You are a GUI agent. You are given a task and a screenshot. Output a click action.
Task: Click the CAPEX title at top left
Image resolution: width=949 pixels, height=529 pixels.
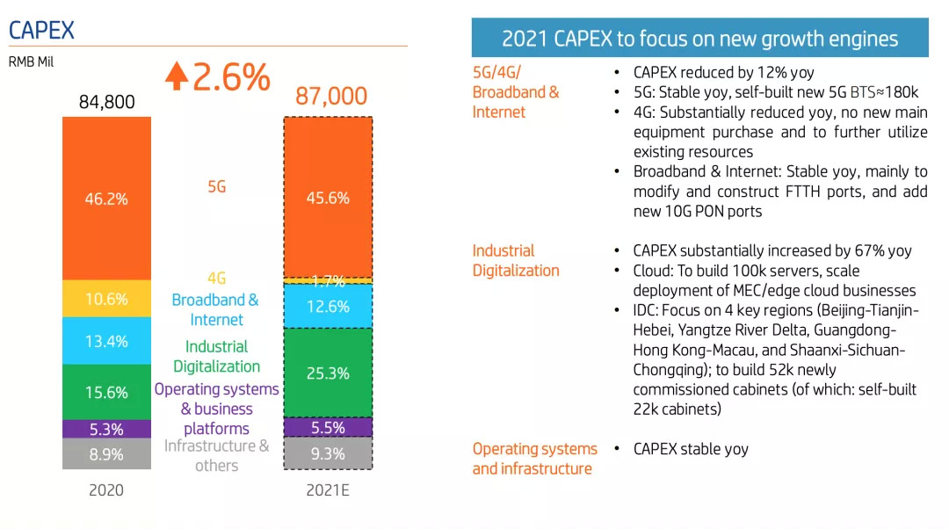[x=41, y=30]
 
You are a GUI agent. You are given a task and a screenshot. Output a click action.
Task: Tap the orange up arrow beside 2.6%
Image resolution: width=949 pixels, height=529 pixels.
[x=176, y=76]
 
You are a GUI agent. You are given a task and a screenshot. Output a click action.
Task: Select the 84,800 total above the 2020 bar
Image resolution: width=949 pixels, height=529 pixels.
[x=106, y=102]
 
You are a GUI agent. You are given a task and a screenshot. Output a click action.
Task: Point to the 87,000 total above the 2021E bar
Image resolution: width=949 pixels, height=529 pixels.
[x=330, y=96]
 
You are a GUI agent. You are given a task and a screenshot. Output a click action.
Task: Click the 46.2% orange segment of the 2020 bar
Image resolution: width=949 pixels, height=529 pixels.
[x=106, y=199]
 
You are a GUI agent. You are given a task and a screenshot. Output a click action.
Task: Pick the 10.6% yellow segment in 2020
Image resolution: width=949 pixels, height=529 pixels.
[x=106, y=299]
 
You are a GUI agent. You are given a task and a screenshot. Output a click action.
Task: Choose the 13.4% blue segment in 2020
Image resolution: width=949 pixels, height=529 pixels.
[x=106, y=341]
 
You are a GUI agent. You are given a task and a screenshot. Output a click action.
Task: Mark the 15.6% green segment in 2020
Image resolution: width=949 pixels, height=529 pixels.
[x=106, y=392]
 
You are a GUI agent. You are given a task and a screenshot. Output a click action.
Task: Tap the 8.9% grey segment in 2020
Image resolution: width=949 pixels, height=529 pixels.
[x=106, y=454]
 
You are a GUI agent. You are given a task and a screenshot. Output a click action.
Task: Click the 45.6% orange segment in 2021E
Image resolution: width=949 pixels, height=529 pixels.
[x=328, y=198]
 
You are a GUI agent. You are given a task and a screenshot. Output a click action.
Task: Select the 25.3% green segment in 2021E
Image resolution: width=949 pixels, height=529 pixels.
[x=328, y=373]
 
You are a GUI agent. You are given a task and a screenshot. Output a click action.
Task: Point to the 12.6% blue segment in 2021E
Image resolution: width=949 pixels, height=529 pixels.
[x=328, y=306]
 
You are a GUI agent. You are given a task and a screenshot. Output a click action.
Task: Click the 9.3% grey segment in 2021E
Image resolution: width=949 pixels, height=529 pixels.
[x=328, y=454]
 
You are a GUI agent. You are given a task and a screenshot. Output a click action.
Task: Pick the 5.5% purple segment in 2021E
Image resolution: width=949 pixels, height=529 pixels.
[x=328, y=428]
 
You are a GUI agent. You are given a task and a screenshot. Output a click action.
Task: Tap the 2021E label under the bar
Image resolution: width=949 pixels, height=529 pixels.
[x=328, y=490]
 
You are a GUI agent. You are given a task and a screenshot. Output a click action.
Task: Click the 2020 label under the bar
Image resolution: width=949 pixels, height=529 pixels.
[x=106, y=490]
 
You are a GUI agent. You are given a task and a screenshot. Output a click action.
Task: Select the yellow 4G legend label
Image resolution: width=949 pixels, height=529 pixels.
[x=216, y=278]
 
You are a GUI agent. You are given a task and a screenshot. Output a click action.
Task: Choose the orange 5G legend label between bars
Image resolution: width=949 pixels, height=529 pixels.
[x=216, y=186]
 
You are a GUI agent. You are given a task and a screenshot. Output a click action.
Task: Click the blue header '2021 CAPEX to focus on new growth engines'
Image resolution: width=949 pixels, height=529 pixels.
[x=699, y=39]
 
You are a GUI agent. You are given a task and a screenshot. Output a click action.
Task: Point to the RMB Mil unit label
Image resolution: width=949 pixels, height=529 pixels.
[x=31, y=62]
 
